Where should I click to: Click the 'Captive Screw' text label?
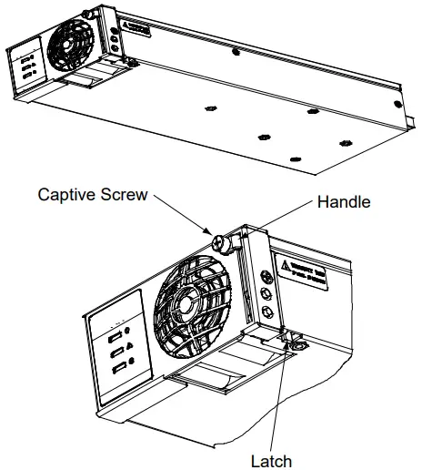click(92, 195)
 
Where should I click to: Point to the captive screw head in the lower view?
click(218, 243)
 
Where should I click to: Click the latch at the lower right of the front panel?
click(296, 342)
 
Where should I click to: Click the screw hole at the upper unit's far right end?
click(346, 144)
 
